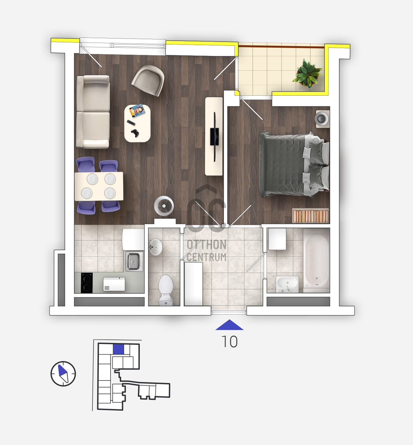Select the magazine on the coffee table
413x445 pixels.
coord(137,111)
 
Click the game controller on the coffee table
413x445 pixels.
coord(135,133)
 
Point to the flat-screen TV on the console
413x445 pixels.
coord(214,137)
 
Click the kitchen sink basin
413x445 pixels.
coord(134,261)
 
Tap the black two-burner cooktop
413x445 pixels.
coord(87,283)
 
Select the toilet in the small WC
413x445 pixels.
coord(166,290)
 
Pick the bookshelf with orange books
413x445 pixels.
coord(310,216)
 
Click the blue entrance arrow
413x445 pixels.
coord(229,325)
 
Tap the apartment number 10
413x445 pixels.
coord(229,342)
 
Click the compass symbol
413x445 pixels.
coord(63,373)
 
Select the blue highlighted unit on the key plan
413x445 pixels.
coord(118,349)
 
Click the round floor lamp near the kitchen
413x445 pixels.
coord(164,206)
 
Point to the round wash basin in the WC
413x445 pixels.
coord(155,247)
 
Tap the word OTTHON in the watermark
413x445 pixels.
coord(207,244)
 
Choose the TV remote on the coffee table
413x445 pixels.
coord(131,123)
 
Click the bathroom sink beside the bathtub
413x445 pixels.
coord(287,284)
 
